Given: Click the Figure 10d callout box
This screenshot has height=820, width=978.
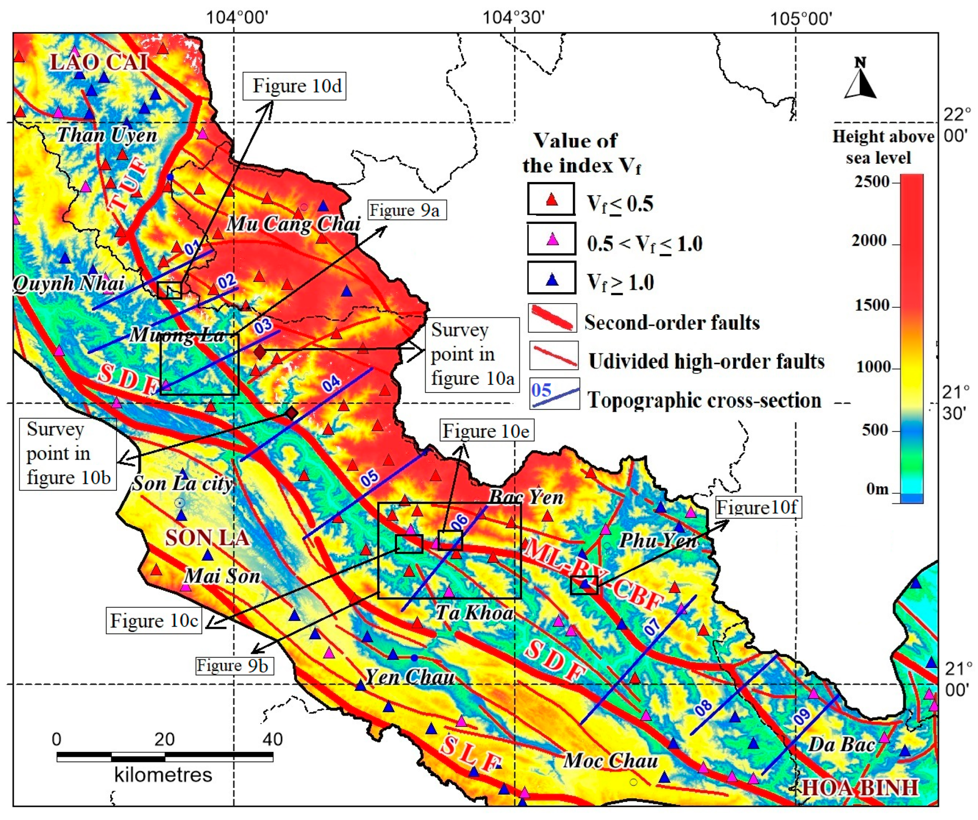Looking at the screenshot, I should [294, 86].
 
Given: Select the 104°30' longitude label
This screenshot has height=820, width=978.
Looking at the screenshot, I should [513, 18].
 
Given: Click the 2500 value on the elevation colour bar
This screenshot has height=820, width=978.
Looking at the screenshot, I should [872, 182].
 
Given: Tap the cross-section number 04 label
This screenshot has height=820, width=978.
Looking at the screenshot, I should [331, 384].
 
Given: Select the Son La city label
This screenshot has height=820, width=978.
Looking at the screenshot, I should [182, 484].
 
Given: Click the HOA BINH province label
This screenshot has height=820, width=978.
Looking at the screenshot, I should [860, 788].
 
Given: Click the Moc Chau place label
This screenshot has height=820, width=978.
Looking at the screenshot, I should [611, 761].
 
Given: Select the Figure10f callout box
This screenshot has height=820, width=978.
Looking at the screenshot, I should [758, 508].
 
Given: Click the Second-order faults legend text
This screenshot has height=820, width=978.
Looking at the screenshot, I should [671, 323].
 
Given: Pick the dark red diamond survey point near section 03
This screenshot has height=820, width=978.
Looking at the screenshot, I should [260, 352].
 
